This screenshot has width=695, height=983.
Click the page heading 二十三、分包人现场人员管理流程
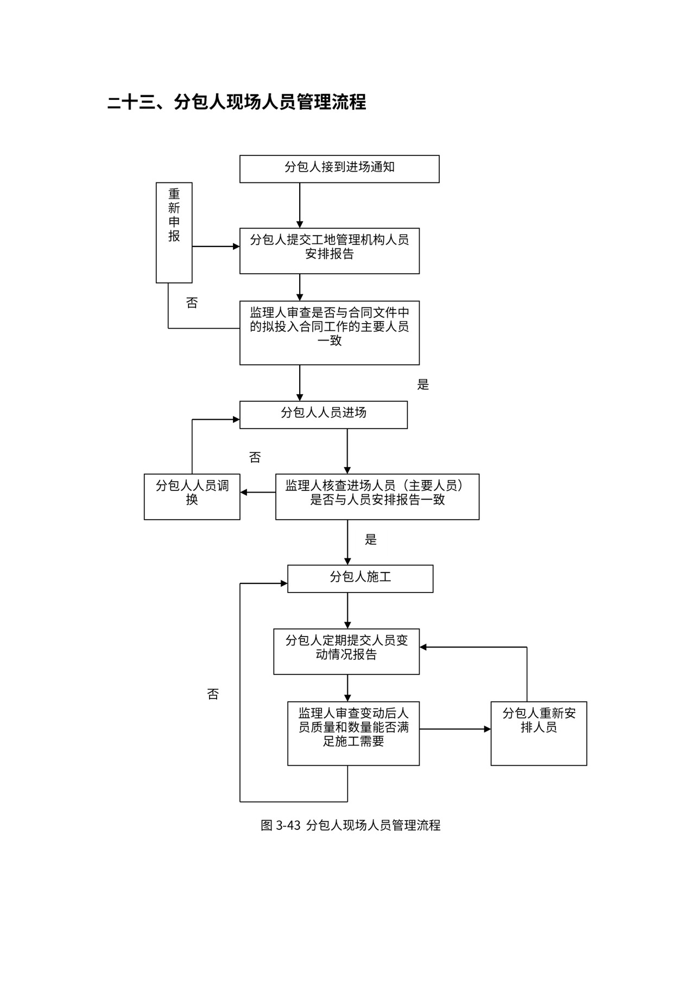[237, 102]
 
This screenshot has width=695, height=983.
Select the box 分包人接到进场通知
[339, 168]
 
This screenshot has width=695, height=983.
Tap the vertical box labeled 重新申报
[174, 232]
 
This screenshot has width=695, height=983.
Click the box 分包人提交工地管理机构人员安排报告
[329, 250]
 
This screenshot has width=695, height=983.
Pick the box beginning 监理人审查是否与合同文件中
[329, 332]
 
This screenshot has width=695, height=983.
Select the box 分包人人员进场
[323, 414]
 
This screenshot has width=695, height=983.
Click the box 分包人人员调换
[192, 496]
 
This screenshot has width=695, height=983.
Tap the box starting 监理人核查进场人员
[377, 496]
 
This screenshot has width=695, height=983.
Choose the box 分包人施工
[360, 578]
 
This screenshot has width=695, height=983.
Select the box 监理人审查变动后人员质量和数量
[353, 733]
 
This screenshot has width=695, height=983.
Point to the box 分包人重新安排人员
[538, 733]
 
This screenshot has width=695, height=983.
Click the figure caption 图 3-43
[350, 825]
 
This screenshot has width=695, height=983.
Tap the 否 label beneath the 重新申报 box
[192, 303]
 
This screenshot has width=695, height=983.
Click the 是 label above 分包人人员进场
[423, 385]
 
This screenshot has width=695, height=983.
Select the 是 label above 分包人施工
[371, 539]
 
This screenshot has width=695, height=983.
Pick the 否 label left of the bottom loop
[213, 694]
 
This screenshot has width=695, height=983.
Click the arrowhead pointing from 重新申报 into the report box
[236, 247]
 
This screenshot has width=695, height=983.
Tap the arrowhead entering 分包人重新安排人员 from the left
[487, 729]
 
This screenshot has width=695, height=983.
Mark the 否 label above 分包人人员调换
[255, 457]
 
